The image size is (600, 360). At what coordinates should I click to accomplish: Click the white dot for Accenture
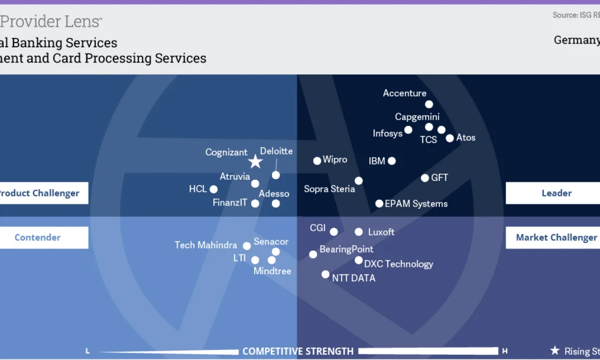[429, 105]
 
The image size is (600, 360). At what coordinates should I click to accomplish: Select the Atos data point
[450, 138]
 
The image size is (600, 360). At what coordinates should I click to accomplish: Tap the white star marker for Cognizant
[255, 161]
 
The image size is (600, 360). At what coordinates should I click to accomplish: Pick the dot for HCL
[213, 189]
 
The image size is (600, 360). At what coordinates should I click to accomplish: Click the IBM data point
[391, 161]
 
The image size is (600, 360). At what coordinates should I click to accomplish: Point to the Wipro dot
[317, 161]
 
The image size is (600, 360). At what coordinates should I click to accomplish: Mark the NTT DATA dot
[325, 274]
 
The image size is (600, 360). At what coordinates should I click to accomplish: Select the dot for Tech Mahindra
[246, 246]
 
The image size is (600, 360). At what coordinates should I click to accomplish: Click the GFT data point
[425, 178]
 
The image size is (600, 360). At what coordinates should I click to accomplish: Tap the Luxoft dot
[358, 232]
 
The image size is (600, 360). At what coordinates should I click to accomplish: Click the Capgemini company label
[417, 117]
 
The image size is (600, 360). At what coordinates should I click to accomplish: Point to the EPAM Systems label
[416, 204]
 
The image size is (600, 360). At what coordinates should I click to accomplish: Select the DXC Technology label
[398, 264]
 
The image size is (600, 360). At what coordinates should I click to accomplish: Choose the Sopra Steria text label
[329, 189]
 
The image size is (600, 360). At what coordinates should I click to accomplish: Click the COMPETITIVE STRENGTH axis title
[298, 351]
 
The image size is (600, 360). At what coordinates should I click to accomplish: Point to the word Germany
[576, 40]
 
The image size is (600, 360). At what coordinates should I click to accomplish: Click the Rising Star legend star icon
[555, 351]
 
